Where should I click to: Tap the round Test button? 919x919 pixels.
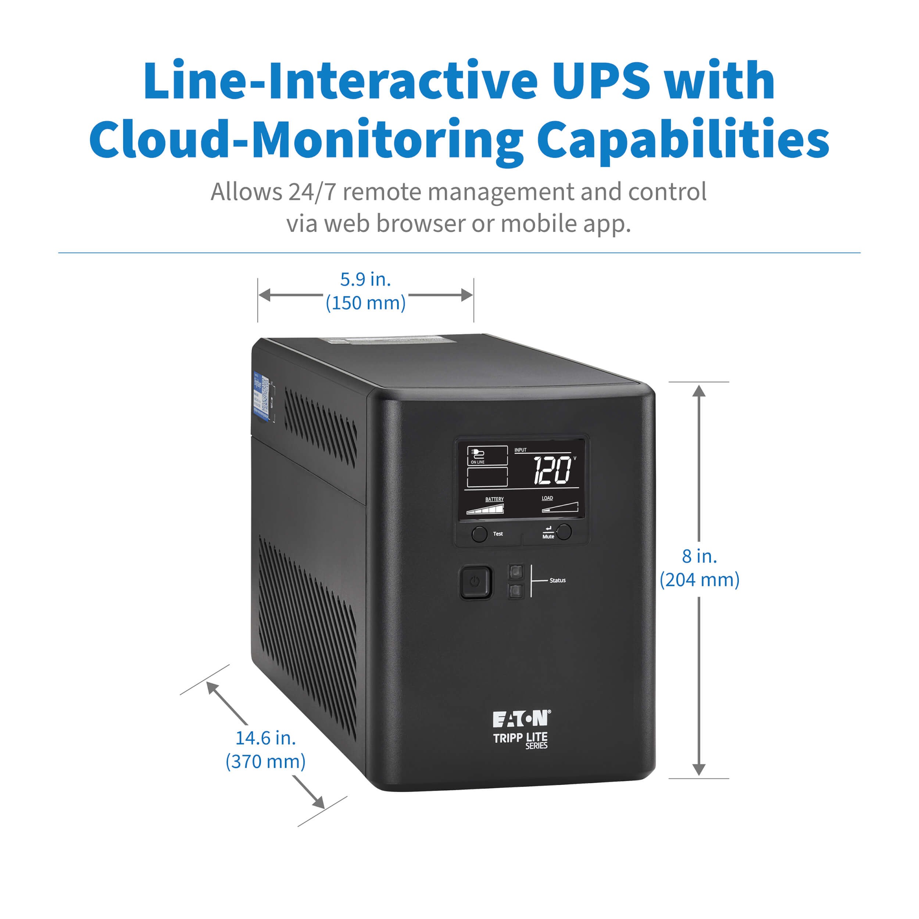click(x=479, y=534)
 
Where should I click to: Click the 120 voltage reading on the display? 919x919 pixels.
click(x=552, y=471)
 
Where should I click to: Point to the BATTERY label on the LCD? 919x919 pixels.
click(x=494, y=499)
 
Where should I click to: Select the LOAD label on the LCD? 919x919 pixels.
click(x=547, y=498)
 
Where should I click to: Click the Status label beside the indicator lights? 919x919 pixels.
click(x=558, y=580)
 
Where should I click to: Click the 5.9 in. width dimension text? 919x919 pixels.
click(x=365, y=280)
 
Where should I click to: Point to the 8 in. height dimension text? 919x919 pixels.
click(x=699, y=556)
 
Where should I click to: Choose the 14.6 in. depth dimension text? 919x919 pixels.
click(x=265, y=738)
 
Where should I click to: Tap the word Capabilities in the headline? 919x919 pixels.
click(x=683, y=139)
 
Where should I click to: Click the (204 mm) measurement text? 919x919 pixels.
click(x=699, y=580)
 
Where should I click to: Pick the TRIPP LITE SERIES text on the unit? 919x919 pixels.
click(x=521, y=740)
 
